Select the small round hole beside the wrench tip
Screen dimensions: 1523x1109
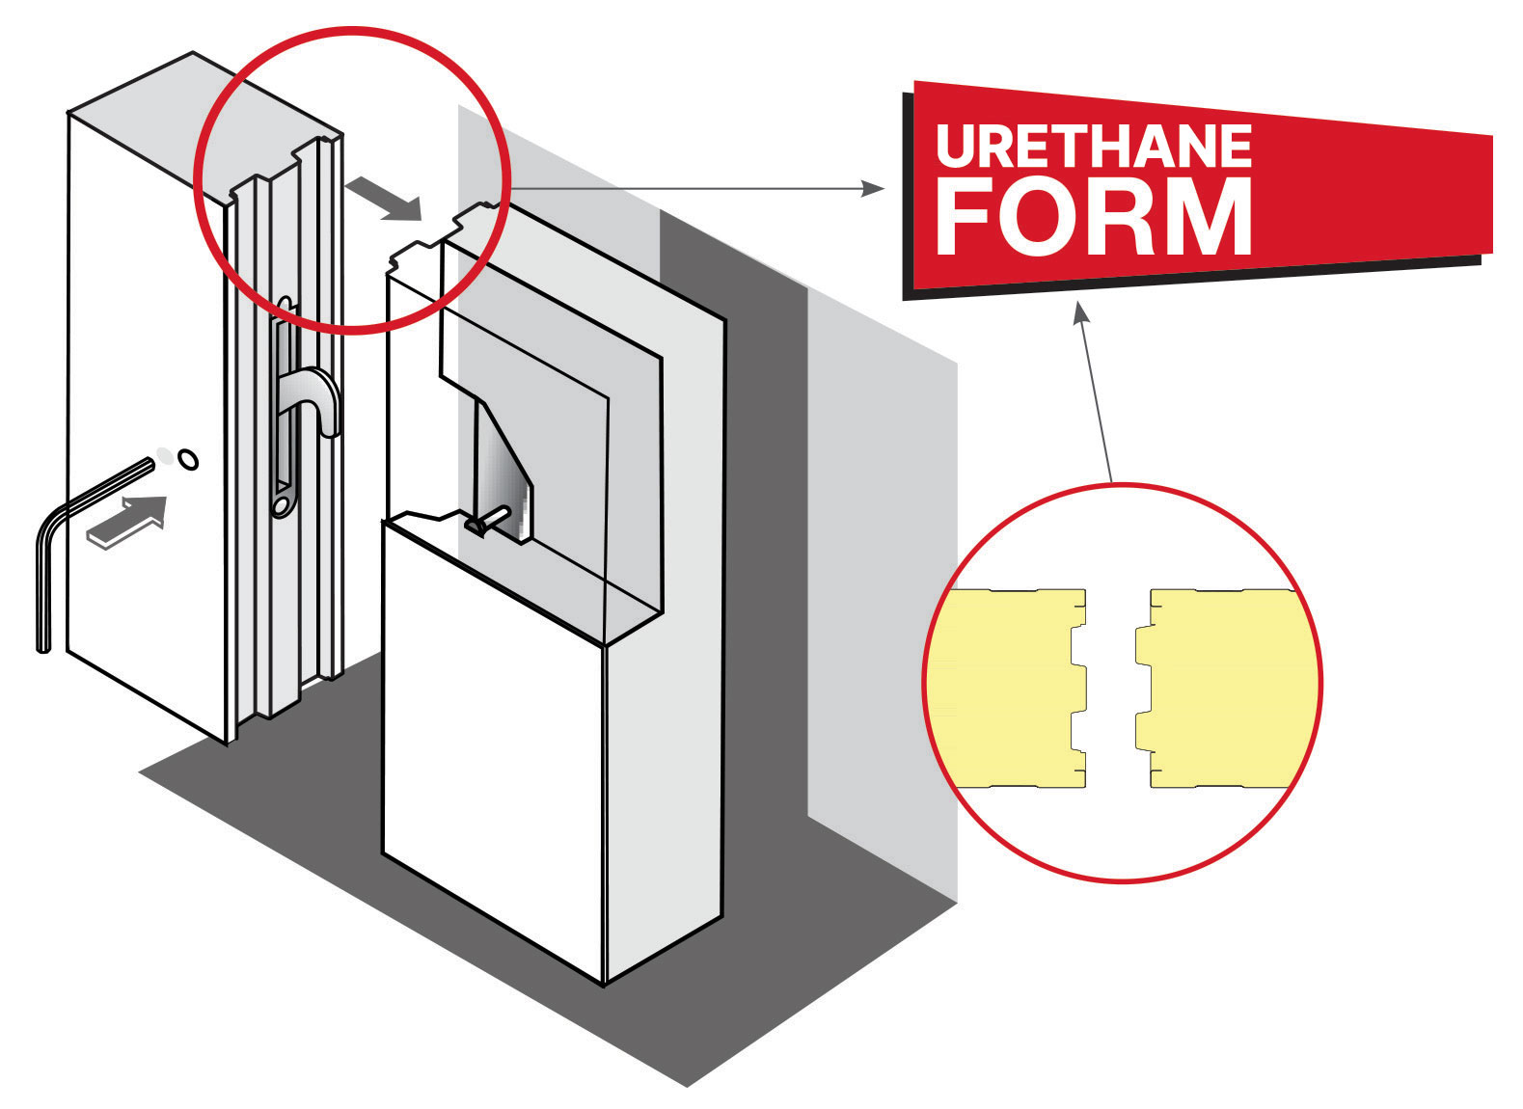(x=188, y=460)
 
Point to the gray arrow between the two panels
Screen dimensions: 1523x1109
(x=384, y=198)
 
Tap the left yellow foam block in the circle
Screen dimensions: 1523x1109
(x=1007, y=688)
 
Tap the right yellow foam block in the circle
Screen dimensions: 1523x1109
(x=1224, y=688)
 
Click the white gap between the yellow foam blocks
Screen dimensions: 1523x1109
(x=1110, y=688)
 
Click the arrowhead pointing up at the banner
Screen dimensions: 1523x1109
(x=1080, y=312)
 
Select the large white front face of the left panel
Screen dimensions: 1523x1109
(x=147, y=428)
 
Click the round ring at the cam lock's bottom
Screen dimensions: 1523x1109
(x=281, y=504)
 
